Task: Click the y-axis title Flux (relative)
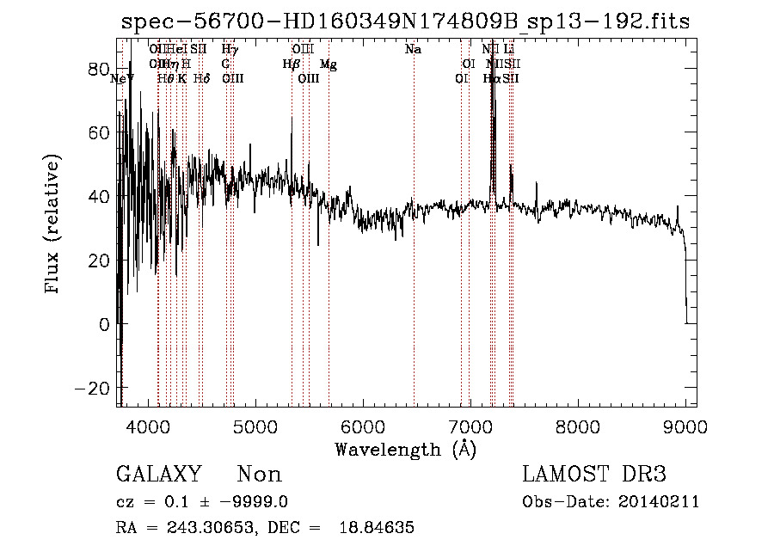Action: [x=52, y=224]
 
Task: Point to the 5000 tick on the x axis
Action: [x=255, y=425]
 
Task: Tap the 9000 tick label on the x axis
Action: [x=685, y=425]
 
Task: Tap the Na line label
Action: [x=414, y=50]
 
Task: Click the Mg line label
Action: [x=329, y=64]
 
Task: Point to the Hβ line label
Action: [x=292, y=64]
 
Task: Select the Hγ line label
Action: [x=230, y=50]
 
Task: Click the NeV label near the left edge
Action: [x=123, y=78]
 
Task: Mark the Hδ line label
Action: [x=201, y=78]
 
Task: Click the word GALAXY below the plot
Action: [x=158, y=475]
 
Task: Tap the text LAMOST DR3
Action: [x=594, y=475]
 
